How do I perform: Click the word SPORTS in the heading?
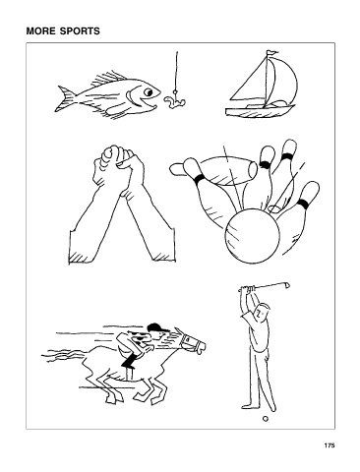pos(80,31)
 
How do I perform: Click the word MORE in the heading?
pos(41,31)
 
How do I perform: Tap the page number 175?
pos(330,445)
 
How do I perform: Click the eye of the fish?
pos(149,91)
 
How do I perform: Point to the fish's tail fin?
pos(65,98)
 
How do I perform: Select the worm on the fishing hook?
pos(173,101)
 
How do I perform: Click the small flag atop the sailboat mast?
pos(272,52)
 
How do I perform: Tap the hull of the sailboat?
pos(259,110)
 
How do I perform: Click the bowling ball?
pos(252,239)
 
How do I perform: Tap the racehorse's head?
pos(190,342)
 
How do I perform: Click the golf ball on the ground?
pos(266,419)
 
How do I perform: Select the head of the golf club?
pos(286,284)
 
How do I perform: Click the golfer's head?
pos(263,311)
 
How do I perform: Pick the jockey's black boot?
pos(128,361)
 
